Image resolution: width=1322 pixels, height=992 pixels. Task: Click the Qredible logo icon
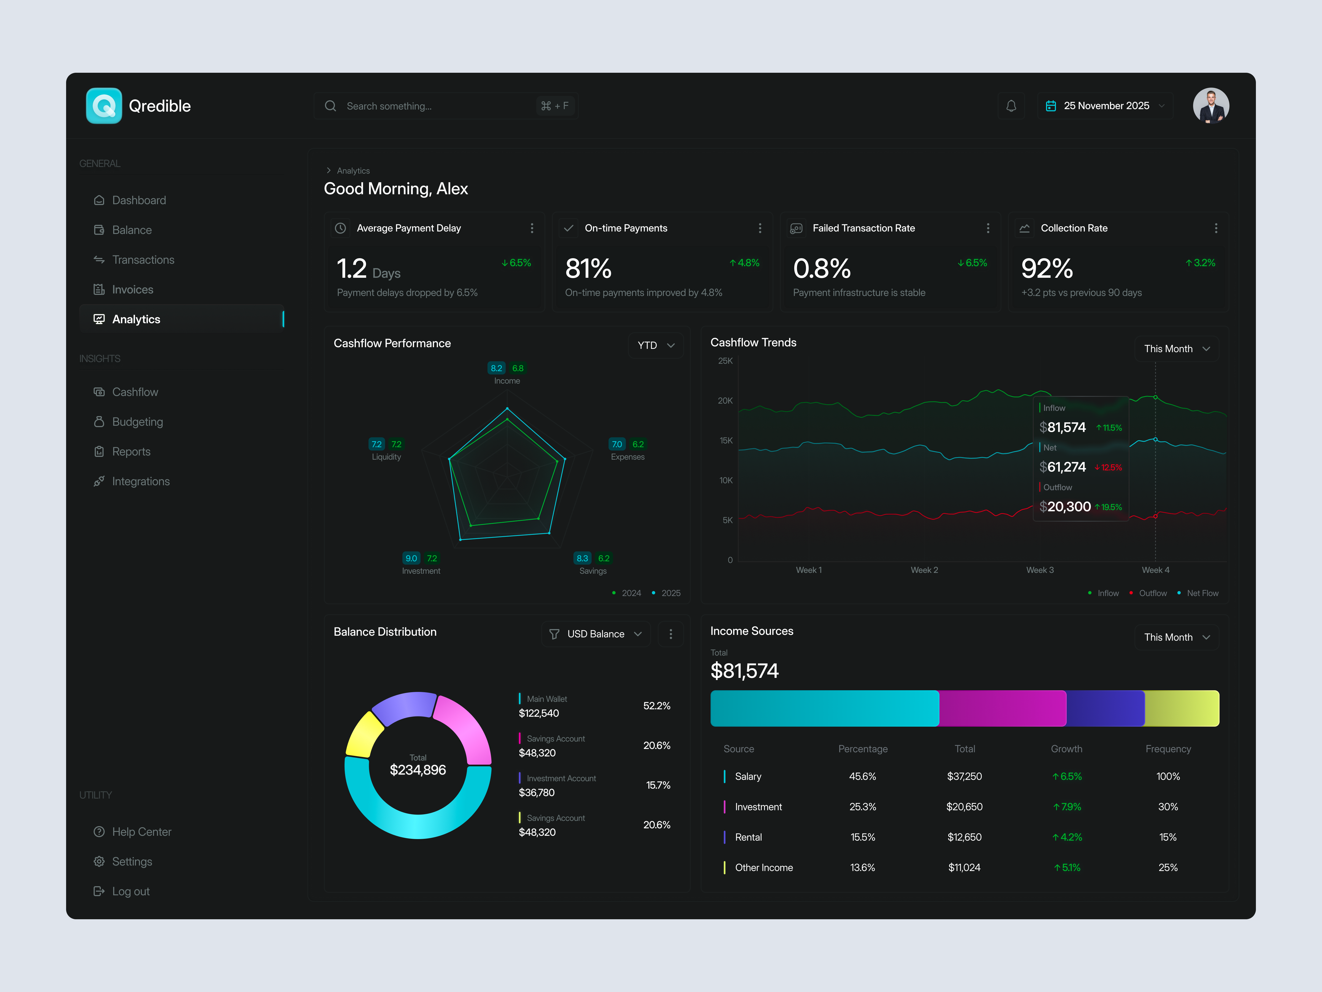[x=104, y=106]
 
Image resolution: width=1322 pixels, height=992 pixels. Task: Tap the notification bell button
[x=1011, y=106]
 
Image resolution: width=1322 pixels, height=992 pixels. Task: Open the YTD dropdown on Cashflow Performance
[x=655, y=345]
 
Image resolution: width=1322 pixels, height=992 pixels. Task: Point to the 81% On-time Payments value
[x=588, y=268]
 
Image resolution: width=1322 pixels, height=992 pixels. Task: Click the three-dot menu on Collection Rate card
[x=1216, y=228]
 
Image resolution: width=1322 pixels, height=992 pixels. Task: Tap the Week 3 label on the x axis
[x=1040, y=570]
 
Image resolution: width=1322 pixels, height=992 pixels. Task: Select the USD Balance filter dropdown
[x=596, y=634]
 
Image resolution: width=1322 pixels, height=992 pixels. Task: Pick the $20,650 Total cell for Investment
[x=964, y=807]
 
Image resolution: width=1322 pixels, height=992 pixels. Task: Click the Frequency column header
[x=1168, y=749]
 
